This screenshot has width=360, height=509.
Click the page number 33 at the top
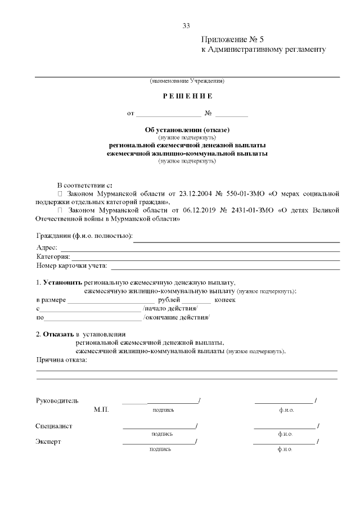186,26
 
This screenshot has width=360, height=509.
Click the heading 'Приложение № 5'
232,39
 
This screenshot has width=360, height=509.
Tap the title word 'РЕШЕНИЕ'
187,96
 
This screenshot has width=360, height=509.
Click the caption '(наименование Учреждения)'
187,81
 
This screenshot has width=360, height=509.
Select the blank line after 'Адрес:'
200,247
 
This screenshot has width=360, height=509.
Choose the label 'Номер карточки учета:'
71,265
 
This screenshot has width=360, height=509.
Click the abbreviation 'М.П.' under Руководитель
101,410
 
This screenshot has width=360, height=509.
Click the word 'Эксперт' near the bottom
48,442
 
